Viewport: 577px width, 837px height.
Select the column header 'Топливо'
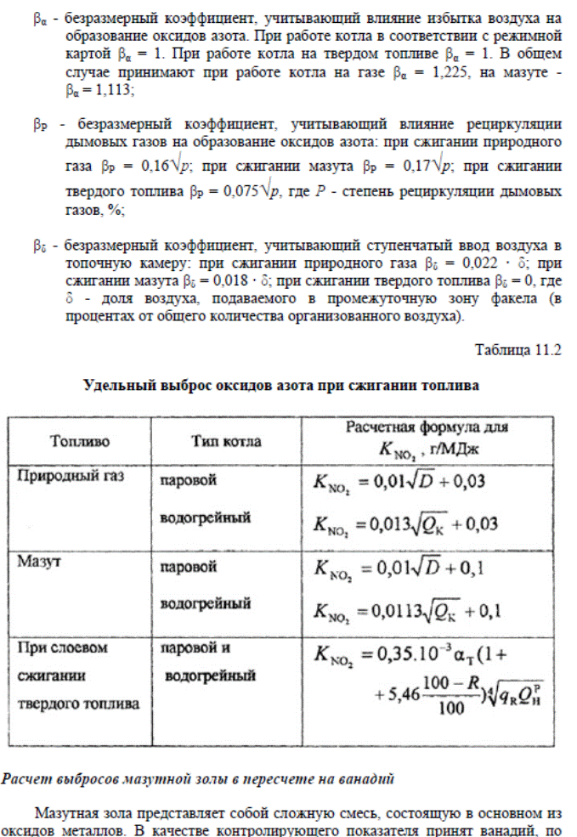[80, 442]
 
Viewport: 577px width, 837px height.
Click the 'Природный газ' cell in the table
[71, 477]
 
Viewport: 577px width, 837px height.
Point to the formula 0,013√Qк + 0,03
[406, 523]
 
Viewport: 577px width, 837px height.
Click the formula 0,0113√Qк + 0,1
[406, 609]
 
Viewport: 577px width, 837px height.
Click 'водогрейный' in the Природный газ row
[206, 517]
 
